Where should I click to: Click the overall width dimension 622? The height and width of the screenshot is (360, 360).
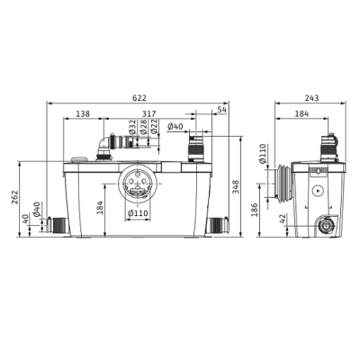139,98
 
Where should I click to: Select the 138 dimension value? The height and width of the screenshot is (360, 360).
83,114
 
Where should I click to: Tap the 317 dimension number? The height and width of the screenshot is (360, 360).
149,114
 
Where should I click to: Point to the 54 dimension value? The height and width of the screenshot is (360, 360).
221,110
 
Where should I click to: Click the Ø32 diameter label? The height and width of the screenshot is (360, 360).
133,127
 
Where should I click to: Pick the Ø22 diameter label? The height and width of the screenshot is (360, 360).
154,127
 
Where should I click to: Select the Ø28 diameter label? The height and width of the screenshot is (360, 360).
143,127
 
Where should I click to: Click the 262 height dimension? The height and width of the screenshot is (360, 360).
14,197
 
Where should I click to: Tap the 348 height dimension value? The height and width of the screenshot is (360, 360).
236,187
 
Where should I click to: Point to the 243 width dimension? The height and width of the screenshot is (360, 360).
312,98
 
